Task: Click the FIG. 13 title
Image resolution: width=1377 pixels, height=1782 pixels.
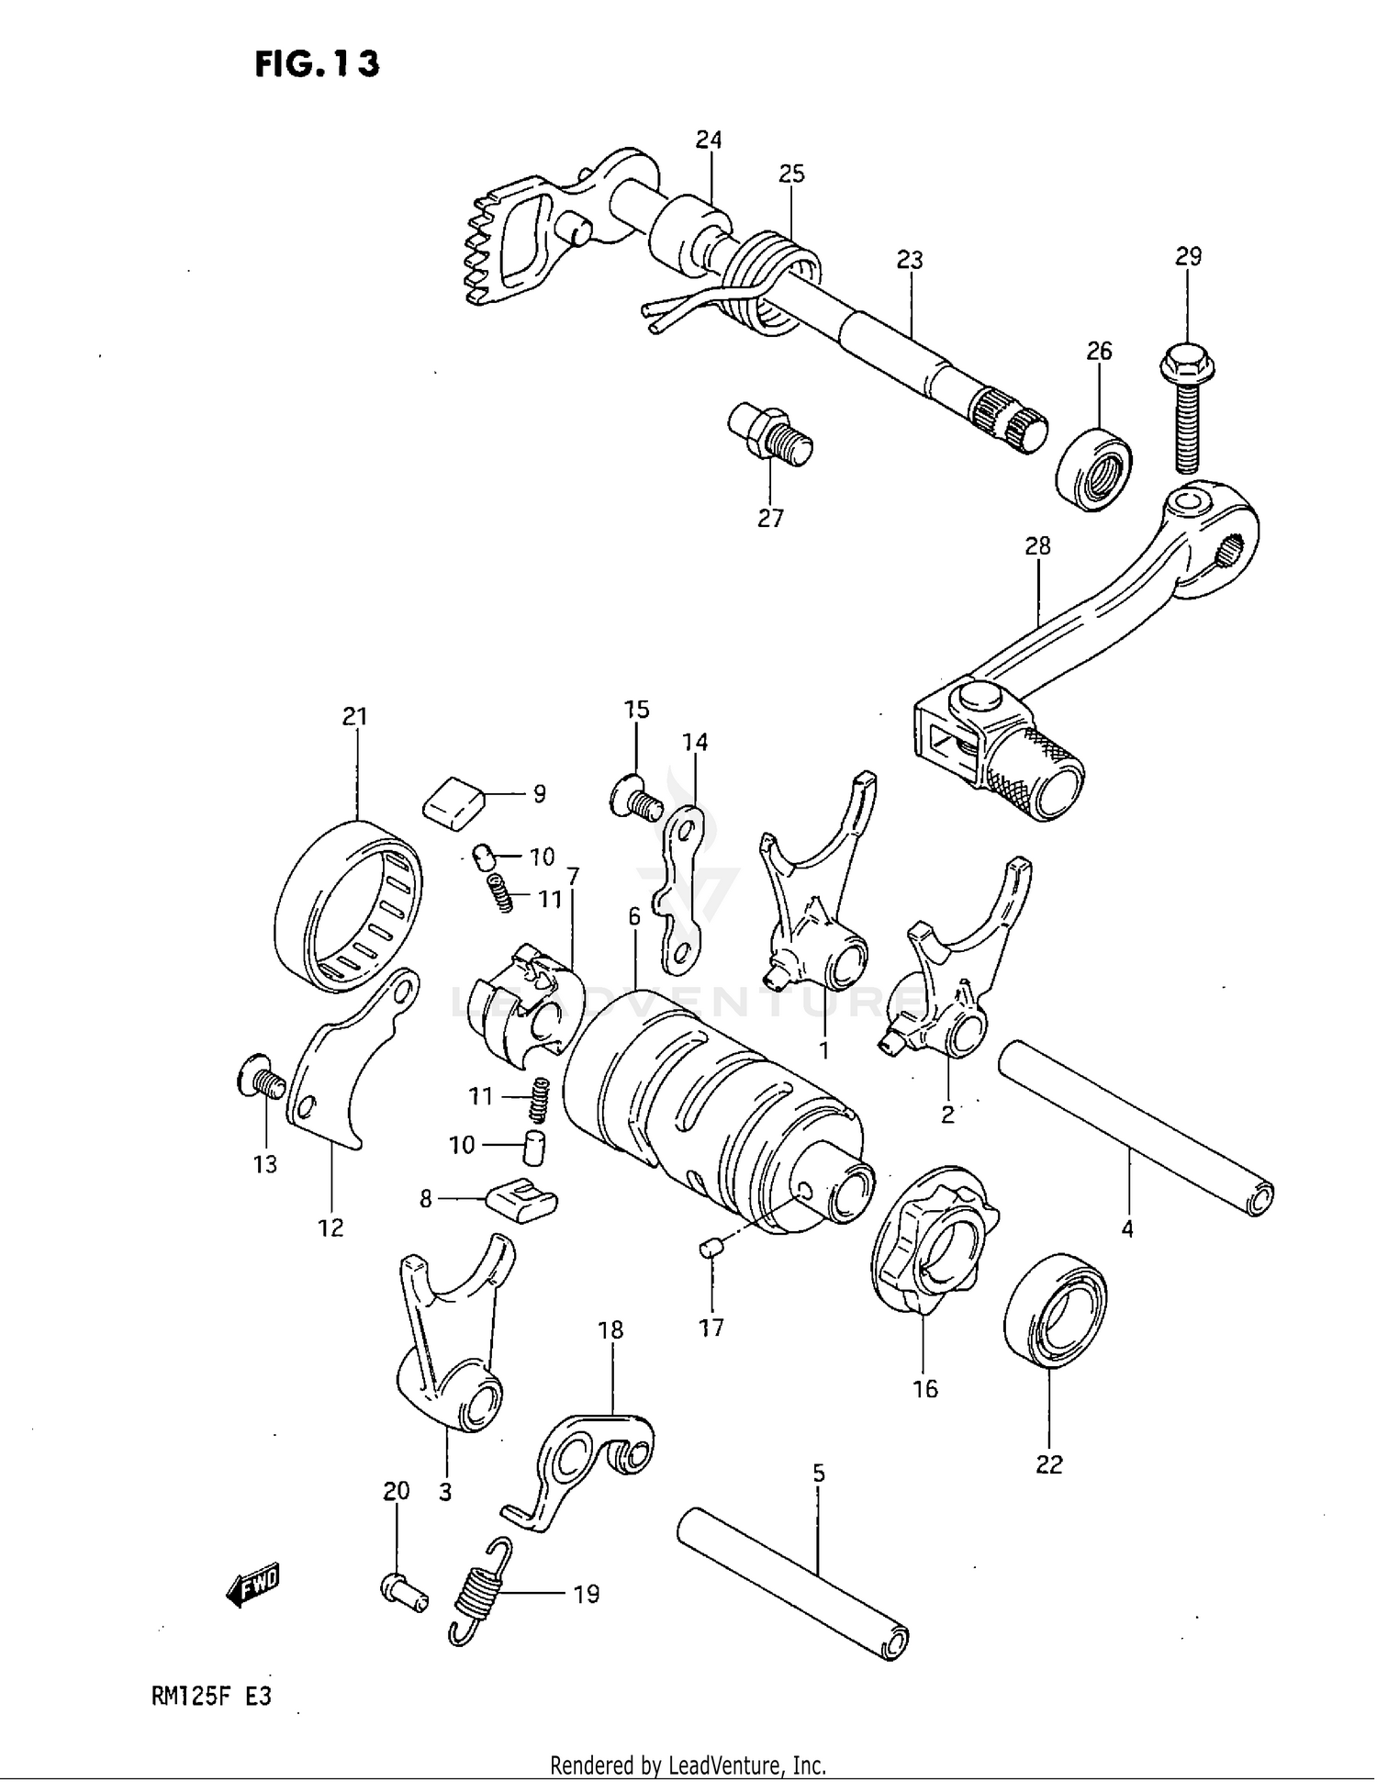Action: (317, 63)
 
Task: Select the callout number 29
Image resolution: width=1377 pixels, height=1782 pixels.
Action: (1188, 256)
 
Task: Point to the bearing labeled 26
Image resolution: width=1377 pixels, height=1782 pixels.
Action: (1094, 467)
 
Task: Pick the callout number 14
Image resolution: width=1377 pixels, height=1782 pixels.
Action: (695, 742)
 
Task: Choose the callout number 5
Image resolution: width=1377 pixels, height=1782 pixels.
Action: (819, 1473)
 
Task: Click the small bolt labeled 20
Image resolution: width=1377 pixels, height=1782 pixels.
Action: (402, 1590)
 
